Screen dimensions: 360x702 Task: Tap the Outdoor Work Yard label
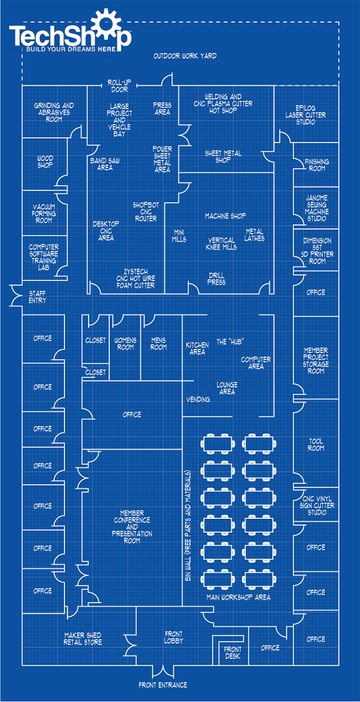tap(185, 56)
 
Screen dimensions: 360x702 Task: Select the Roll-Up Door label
tap(118, 86)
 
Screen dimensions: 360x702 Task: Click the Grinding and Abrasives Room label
tap(53, 112)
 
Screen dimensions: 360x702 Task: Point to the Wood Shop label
tap(45, 162)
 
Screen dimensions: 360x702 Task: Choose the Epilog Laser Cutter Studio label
tap(306, 115)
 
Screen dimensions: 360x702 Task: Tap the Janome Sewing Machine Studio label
tap(317, 208)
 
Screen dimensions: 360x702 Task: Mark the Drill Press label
tap(217, 279)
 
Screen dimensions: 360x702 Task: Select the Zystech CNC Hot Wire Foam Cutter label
tap(134, 278)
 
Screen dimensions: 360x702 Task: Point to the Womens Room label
tap(125, 344)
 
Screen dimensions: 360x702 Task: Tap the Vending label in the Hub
tap(198, 400)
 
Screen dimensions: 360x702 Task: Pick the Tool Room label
tap(316, 444)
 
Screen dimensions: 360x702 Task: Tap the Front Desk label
tap(232, 653)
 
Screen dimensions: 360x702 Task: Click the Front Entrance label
tap(163, 685)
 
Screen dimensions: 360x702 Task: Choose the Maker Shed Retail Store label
tap(83, 639)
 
